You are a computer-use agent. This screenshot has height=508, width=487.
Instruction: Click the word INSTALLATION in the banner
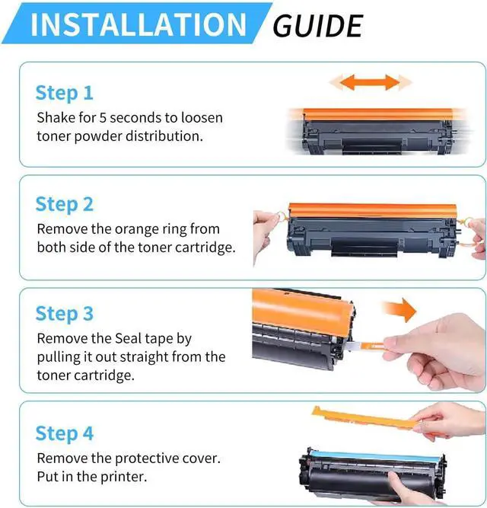[138, 24]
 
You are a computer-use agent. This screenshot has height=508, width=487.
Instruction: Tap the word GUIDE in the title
[317, 26]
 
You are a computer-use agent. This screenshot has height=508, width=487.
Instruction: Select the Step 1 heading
[65, 93]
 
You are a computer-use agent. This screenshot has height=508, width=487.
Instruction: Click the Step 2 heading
[65, 204]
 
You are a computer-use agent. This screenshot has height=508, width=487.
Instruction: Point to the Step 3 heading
[65, 314]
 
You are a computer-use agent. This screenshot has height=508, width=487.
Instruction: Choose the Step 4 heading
[65, 433]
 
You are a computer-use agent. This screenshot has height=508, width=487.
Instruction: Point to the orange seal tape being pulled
[372, 347]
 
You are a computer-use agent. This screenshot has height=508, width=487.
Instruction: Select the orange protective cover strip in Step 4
[366, 418]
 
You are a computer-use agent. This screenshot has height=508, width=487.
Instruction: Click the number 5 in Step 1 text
[103, 117]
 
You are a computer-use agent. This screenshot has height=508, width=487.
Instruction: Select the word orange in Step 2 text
[137, 230]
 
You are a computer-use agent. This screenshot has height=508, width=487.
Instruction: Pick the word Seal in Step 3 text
[129, 339]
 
